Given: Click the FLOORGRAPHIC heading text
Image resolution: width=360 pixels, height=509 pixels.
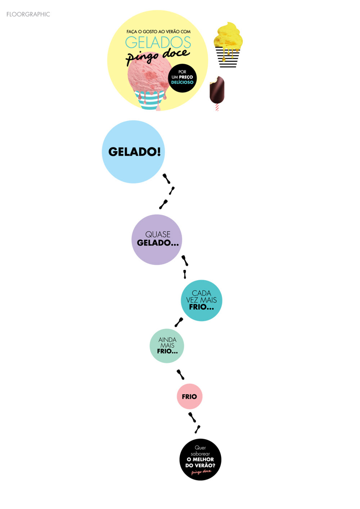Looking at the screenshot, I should pos(28,14).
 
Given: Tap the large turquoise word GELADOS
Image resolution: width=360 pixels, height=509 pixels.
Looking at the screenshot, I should pos(158,42).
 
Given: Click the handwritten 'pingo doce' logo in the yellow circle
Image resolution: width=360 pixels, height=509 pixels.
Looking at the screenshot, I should pos(157,56).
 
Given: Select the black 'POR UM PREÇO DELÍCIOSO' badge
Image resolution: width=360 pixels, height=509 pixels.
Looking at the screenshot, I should pos(182,78).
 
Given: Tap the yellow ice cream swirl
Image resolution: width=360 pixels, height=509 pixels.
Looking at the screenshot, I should pos(228,36).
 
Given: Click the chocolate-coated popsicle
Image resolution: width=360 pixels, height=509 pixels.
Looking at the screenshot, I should pos(217,89).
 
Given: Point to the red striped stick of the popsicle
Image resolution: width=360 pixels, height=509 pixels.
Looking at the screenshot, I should pos(217,107).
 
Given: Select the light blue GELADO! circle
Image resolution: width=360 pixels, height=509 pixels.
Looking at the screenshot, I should pos(134,152).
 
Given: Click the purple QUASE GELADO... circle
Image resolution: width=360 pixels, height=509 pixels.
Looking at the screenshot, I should pos(157,239).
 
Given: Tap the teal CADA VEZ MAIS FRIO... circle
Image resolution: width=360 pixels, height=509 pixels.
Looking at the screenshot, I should pos(201,300).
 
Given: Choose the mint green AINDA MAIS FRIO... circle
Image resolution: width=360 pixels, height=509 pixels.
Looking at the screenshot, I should pos(167,346).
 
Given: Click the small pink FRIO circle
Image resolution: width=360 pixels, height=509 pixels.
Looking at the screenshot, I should pos(189,396).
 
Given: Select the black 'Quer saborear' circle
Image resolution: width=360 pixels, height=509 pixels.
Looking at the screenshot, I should pos(200,459).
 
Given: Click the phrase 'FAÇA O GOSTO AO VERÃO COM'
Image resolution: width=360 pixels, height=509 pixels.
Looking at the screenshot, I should pos(158,32).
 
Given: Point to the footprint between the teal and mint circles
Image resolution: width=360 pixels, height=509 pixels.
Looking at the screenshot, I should pos(179,322).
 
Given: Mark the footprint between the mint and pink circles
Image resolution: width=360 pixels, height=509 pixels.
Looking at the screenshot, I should pos(180,374).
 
